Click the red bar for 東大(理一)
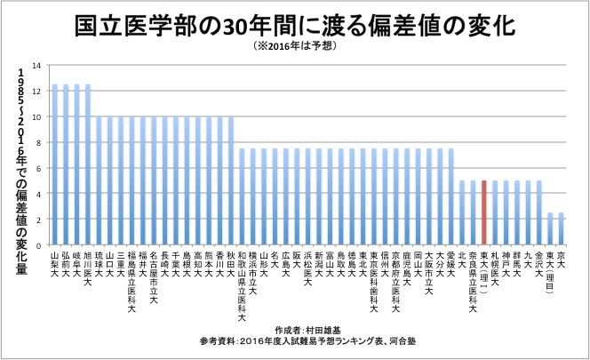[483, 212]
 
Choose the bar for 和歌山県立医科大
[242, 196]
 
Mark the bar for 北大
[461, 212]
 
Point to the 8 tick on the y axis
[36, 142]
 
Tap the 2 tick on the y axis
[36, 219]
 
